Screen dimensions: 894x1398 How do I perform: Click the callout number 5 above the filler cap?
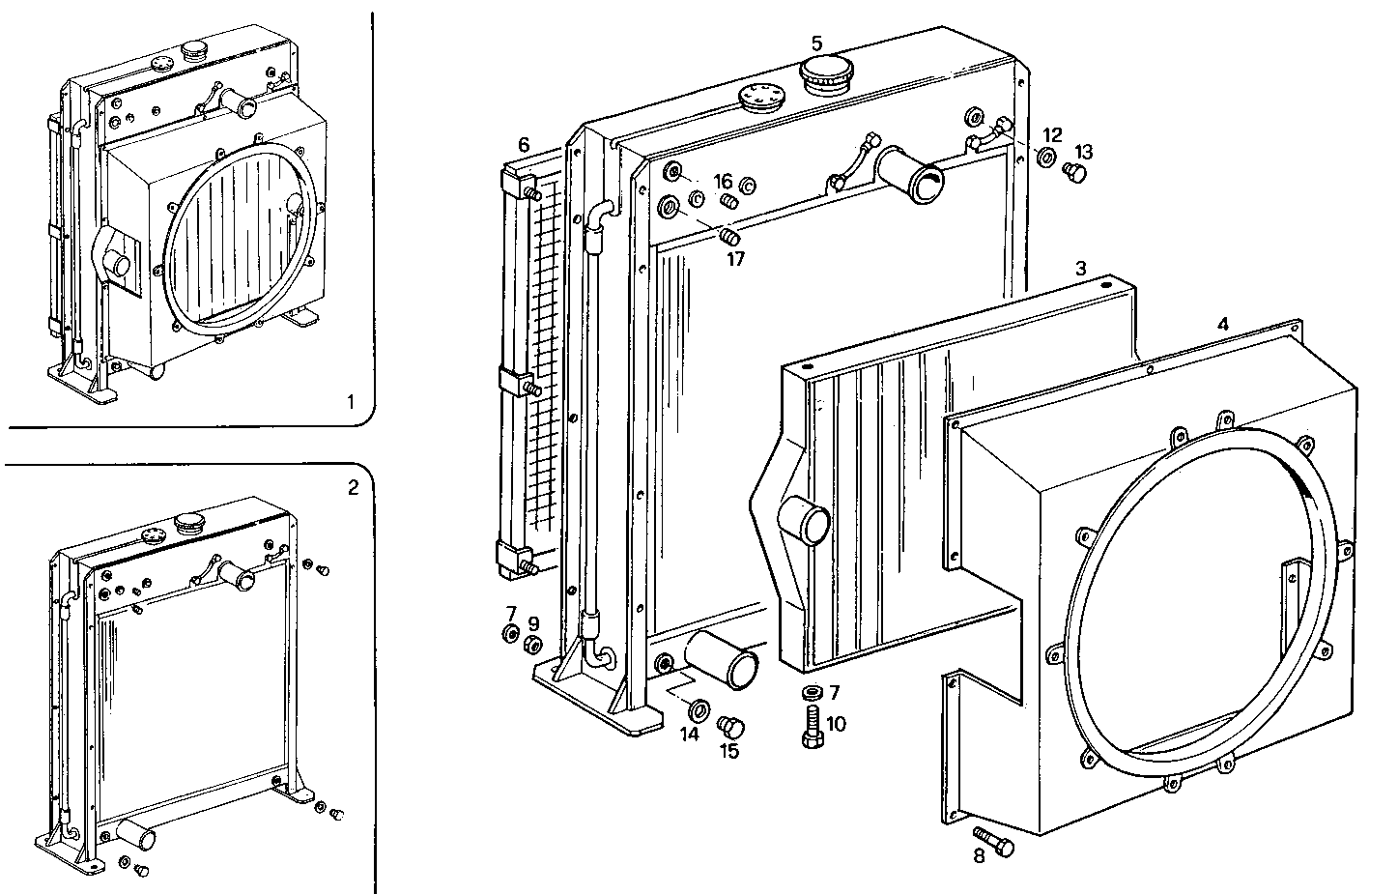click(816, 43)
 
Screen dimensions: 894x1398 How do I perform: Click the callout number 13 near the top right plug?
click(1083, 152)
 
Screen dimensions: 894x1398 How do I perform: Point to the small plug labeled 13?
click(1071, 172)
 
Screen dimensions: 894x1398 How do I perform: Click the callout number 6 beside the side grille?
click(524, 145)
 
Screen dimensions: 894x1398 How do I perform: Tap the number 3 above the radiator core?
click(1082, 268)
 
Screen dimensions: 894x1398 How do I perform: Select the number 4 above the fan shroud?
click(1223, 325)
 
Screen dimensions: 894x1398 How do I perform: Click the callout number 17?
click(736, 259)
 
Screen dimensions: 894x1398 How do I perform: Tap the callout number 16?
click(724, 181)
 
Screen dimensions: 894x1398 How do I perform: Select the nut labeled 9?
click(531, 645)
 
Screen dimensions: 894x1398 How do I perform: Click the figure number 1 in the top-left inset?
click(352, 400)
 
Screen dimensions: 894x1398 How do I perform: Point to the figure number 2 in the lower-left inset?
click(353, 487)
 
